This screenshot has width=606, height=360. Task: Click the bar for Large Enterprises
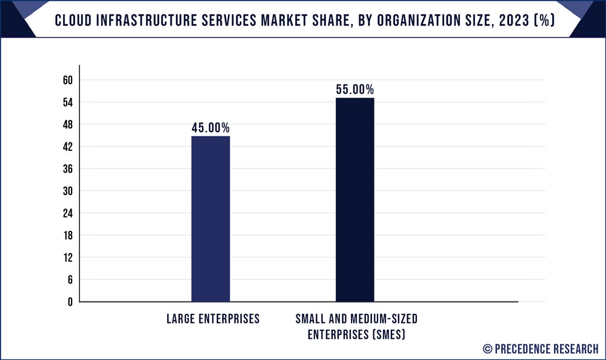210,219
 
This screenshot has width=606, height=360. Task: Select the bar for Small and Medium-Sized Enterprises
355,200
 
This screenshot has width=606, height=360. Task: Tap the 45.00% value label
210,128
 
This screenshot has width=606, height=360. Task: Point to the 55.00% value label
355,90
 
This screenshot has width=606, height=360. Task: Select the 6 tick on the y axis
70,279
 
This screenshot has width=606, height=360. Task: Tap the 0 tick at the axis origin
70,301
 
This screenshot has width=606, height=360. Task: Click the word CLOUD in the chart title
75,19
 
